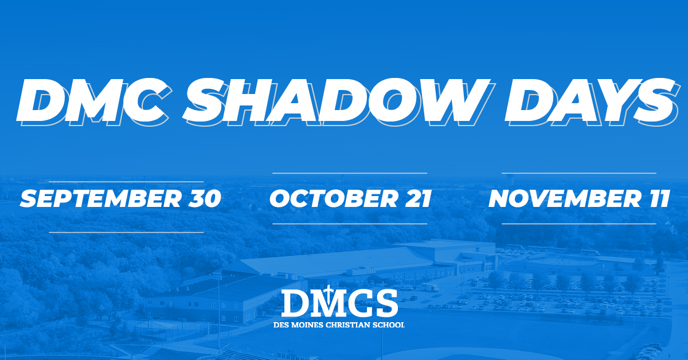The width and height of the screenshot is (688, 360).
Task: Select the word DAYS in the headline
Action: pos(592,101)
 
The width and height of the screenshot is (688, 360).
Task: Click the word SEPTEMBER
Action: pos(100,198)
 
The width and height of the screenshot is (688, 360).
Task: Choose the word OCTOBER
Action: pos(333,198)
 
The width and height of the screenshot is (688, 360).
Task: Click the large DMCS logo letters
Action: pos(339,303)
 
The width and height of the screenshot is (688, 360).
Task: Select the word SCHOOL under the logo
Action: pos(388,324)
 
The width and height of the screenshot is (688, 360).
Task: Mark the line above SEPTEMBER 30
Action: pos(126,182)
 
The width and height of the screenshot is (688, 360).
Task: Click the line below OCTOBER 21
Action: pos(350,224)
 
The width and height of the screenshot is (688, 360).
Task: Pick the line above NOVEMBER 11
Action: pos(579,173)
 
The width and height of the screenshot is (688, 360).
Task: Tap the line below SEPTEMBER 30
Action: pos(126,233)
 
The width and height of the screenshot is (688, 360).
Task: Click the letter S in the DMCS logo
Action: pos(386,303)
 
